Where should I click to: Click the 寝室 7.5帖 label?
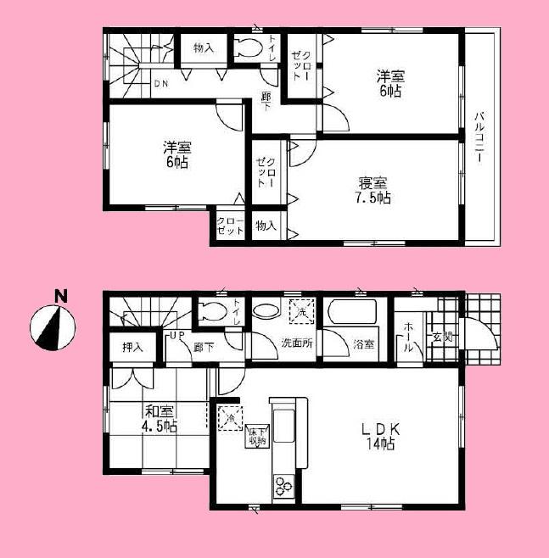click(x=374, y=191)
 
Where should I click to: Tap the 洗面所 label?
click(x=297, y=344)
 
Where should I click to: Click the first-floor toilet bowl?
click(x=213, y=311)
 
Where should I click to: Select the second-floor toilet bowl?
click(x=249, y=48)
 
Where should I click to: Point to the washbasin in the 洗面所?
click(x=264, y=312)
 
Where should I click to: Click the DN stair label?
click(x=161, y=84)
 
